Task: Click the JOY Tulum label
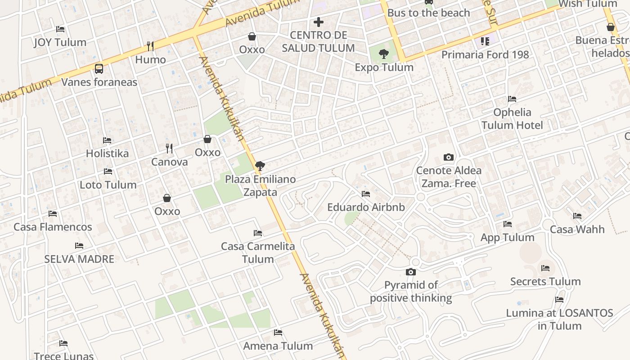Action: pyautogui.click(x=60, y=42)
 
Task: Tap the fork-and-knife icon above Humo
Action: pyautogui.click(x=150, y=46)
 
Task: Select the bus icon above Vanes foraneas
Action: pyautogui.click(x=99, y=69)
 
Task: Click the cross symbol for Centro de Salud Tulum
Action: pyautogui.click(x=319, y=22)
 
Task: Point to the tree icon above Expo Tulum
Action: pyautogui.click(x=383, y=54)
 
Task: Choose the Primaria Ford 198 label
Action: pyautogui.click(x=485, y=54)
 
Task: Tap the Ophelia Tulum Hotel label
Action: pyautogui.click(x=512, y=118)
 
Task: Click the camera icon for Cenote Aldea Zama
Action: pyautogui.click(x=448, y=157)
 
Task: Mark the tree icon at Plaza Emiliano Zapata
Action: pyautogui.click(x=260, y=166)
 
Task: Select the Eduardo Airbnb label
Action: pyautogui.click(x=366, y=207)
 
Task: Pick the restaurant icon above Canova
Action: pyautogui.click(x=169, y=148)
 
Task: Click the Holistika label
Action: pyautogui.click(x=107, y=153)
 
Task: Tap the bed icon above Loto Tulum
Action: pyautogui.click(x=108, y=171)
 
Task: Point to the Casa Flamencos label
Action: pyautogui.click(x=53, y=227)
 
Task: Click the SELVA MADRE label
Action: pyautogui.click(x=79, y=259)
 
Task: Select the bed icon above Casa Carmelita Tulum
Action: pyautogui.click(x=258, y=233)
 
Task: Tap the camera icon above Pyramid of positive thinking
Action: pyautogui.click(x=410, y=272)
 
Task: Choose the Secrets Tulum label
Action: pyautogui.click(x=545, y=282)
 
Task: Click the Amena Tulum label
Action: pyautogui.click(x=278, y=346)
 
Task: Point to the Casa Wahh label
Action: pyautogui.click(x=577, y=229)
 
